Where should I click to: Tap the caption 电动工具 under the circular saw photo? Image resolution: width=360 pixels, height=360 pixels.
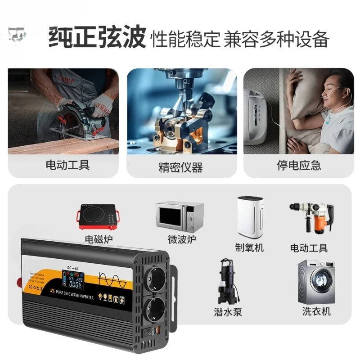point(67,165)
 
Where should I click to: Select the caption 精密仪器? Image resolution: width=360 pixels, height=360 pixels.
point(180,167)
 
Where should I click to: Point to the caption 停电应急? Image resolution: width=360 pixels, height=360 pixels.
point(299,165)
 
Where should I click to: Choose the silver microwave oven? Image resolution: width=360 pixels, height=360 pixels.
point(180,216)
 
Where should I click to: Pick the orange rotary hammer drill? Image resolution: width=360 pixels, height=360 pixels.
point(310,217)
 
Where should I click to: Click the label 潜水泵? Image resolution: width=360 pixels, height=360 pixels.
point(228,311)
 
